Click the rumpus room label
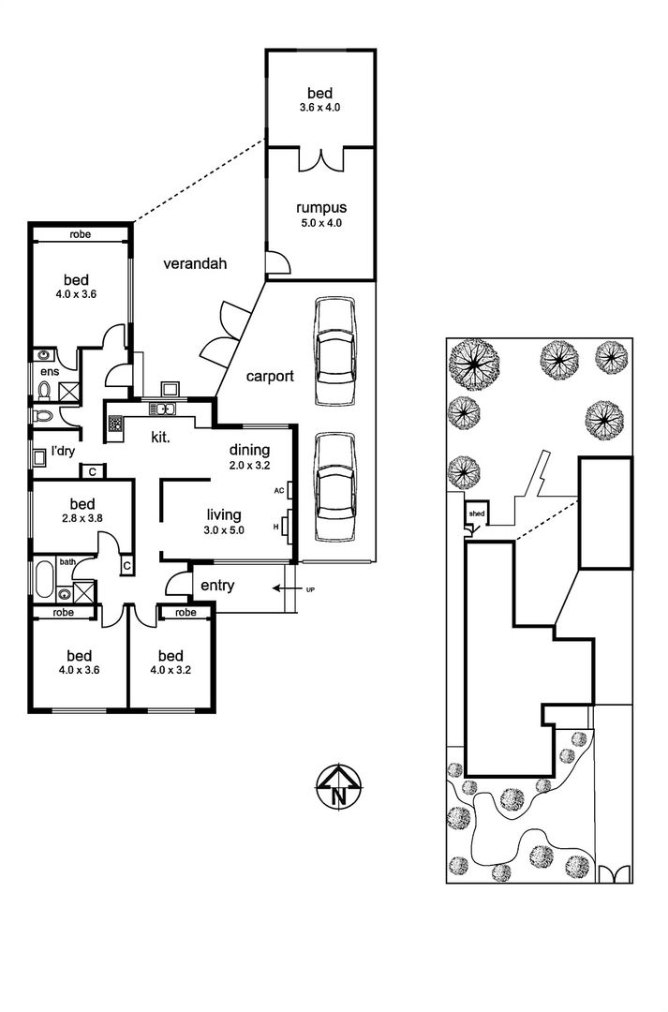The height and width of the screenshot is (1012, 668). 320,208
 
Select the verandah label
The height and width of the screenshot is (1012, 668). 195,263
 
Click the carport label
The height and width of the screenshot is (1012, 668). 270,377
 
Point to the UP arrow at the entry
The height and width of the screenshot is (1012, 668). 283,588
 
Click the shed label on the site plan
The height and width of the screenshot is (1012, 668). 477,513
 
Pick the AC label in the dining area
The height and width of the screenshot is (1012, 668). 279,490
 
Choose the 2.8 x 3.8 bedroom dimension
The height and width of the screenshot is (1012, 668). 82,517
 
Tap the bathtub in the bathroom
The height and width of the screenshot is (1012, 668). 45,580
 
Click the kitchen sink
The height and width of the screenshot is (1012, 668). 163,409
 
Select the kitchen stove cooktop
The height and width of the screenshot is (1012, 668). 115,424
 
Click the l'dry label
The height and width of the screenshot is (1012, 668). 63,451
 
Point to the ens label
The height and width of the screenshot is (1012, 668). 50,371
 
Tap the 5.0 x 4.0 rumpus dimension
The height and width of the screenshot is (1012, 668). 320,223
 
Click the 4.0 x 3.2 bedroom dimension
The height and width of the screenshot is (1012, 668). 171,670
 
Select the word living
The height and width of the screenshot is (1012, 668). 224,515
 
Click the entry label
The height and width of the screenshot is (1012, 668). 217,586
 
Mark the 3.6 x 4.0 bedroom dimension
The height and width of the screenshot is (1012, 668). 319,108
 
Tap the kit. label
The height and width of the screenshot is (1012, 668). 161,438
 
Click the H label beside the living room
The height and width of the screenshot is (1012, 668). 276,528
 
